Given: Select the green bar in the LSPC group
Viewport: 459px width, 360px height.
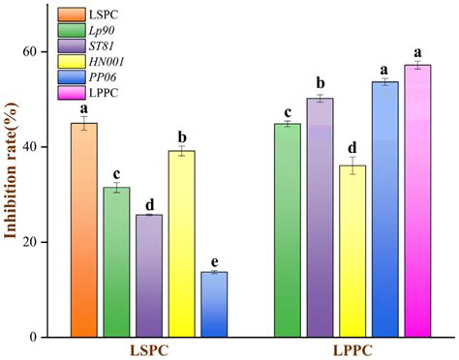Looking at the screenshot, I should (x=116, y=262).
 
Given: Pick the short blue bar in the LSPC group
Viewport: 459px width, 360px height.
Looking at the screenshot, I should (x=214, y=304).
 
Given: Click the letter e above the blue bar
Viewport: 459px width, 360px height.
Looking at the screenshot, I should (x=214, y=262).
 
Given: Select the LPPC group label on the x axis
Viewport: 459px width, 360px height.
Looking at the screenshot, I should (x=352, y=349).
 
